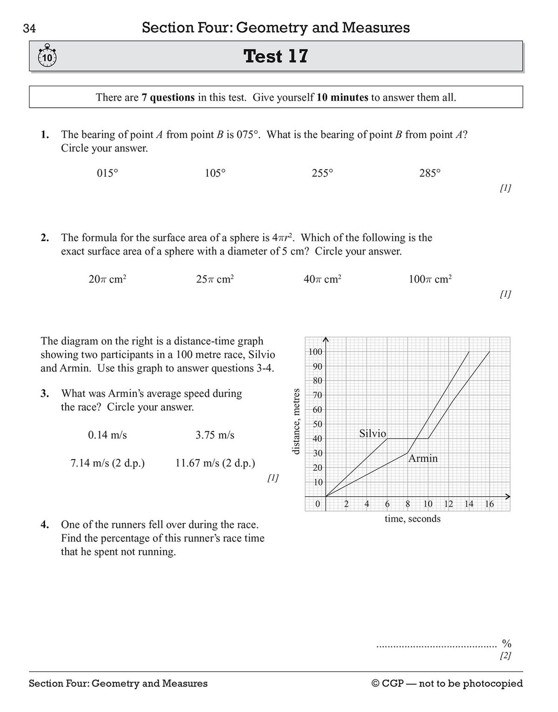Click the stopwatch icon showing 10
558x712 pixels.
pos(46,57)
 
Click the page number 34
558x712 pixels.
pos(29,29)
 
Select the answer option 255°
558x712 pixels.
pos(322,173)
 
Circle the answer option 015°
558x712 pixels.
pos(107,173)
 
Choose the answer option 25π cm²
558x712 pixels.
pos(215,279)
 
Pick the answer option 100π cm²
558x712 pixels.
pos(430,279)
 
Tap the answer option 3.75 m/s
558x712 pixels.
pos(215,435)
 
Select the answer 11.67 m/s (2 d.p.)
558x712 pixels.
pos(215,463)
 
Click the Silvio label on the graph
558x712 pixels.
pos(372,433)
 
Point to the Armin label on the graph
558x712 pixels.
pos(423,459)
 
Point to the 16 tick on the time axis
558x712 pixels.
pos(489,504)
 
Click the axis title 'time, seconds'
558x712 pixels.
pos(412,519)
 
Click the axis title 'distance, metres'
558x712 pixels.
pos(296,421)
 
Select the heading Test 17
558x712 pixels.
pos(276,56)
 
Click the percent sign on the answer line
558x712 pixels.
pos(506,644)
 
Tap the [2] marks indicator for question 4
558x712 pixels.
pos(505,656)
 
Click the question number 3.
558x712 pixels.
pos(45,393)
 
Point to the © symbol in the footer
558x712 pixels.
pos(376,684)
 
